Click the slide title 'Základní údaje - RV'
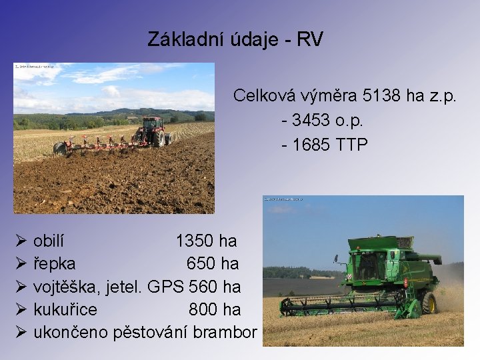[235, 39]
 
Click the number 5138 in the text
[361, 96]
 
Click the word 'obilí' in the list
[49, 241]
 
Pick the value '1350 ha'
[206, 241]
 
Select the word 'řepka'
[54, 264]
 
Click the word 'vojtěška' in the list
[64, 287]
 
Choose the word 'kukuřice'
[65, 310]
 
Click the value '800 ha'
[214, 310]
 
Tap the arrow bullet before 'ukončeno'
[21, 332]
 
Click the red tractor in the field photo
[153, 132]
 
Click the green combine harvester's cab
[367, 264]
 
